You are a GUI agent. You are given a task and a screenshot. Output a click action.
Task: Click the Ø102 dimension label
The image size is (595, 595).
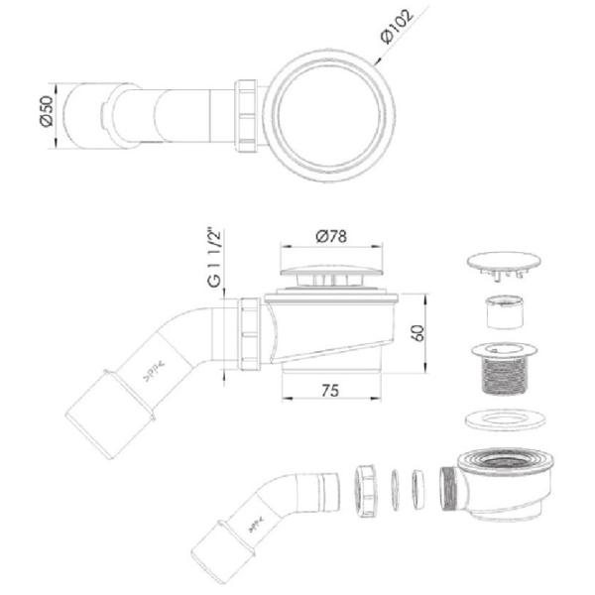point(397,27)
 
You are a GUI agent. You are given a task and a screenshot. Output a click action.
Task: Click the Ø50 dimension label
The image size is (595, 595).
point(47,111)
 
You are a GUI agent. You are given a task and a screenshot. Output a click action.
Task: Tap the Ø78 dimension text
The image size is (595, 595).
point(331,236)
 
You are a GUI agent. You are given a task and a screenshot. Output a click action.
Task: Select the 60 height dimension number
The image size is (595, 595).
point(418,333)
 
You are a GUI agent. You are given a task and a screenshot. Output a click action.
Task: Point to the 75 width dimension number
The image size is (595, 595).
point(330,391)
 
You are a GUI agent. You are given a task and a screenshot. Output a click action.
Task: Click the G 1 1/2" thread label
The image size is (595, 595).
point(214,258)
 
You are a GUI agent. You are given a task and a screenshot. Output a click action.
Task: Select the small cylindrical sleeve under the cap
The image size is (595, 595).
point(505,312)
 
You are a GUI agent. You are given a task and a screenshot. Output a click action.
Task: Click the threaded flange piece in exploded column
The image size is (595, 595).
point(505,369)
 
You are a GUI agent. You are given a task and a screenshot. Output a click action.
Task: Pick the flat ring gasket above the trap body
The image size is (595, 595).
point(504,419)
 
